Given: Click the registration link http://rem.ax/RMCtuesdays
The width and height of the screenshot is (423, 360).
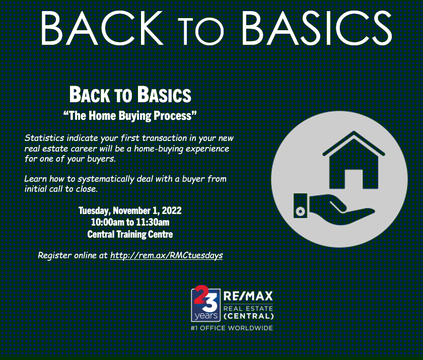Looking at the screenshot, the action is (167, 255).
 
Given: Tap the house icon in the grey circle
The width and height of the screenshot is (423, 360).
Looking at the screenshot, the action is (354, 160).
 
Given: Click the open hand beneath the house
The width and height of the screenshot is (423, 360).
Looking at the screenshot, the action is (342, 209).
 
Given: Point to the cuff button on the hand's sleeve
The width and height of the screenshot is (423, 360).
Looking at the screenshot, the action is (300, 211).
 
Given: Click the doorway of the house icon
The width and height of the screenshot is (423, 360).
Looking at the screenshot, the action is (354, 179).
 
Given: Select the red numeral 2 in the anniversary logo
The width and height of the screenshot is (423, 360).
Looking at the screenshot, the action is (201, 294).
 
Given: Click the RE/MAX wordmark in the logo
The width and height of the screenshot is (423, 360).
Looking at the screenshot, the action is (248, 297).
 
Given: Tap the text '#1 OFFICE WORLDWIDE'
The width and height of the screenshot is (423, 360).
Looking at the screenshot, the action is (232, 328).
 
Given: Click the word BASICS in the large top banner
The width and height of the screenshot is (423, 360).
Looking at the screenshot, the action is (317, 28).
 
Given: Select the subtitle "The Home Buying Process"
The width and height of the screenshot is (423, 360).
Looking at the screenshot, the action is (130, 116).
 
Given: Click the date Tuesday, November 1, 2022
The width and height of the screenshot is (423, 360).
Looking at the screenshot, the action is (130, 210).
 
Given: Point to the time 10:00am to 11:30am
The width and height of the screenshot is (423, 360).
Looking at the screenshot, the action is (130, 222).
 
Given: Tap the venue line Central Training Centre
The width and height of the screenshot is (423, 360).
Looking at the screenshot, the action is (130, 234).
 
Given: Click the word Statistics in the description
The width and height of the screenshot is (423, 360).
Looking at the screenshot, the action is (44, 138).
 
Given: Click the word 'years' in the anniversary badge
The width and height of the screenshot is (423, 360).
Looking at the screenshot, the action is (206, 315).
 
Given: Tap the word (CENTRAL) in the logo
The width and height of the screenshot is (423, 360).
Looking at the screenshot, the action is (248, 316).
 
